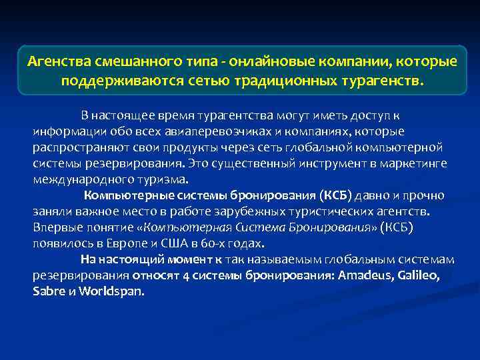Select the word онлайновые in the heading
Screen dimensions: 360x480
[x=263, y=62]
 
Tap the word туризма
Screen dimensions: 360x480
[x=164, y=179]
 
